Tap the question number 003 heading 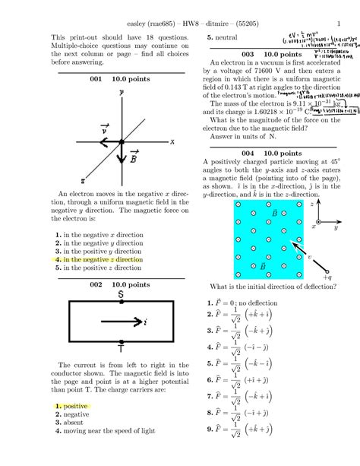[248, 55]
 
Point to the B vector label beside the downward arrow [134, 157]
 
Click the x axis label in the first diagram [172, 141]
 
